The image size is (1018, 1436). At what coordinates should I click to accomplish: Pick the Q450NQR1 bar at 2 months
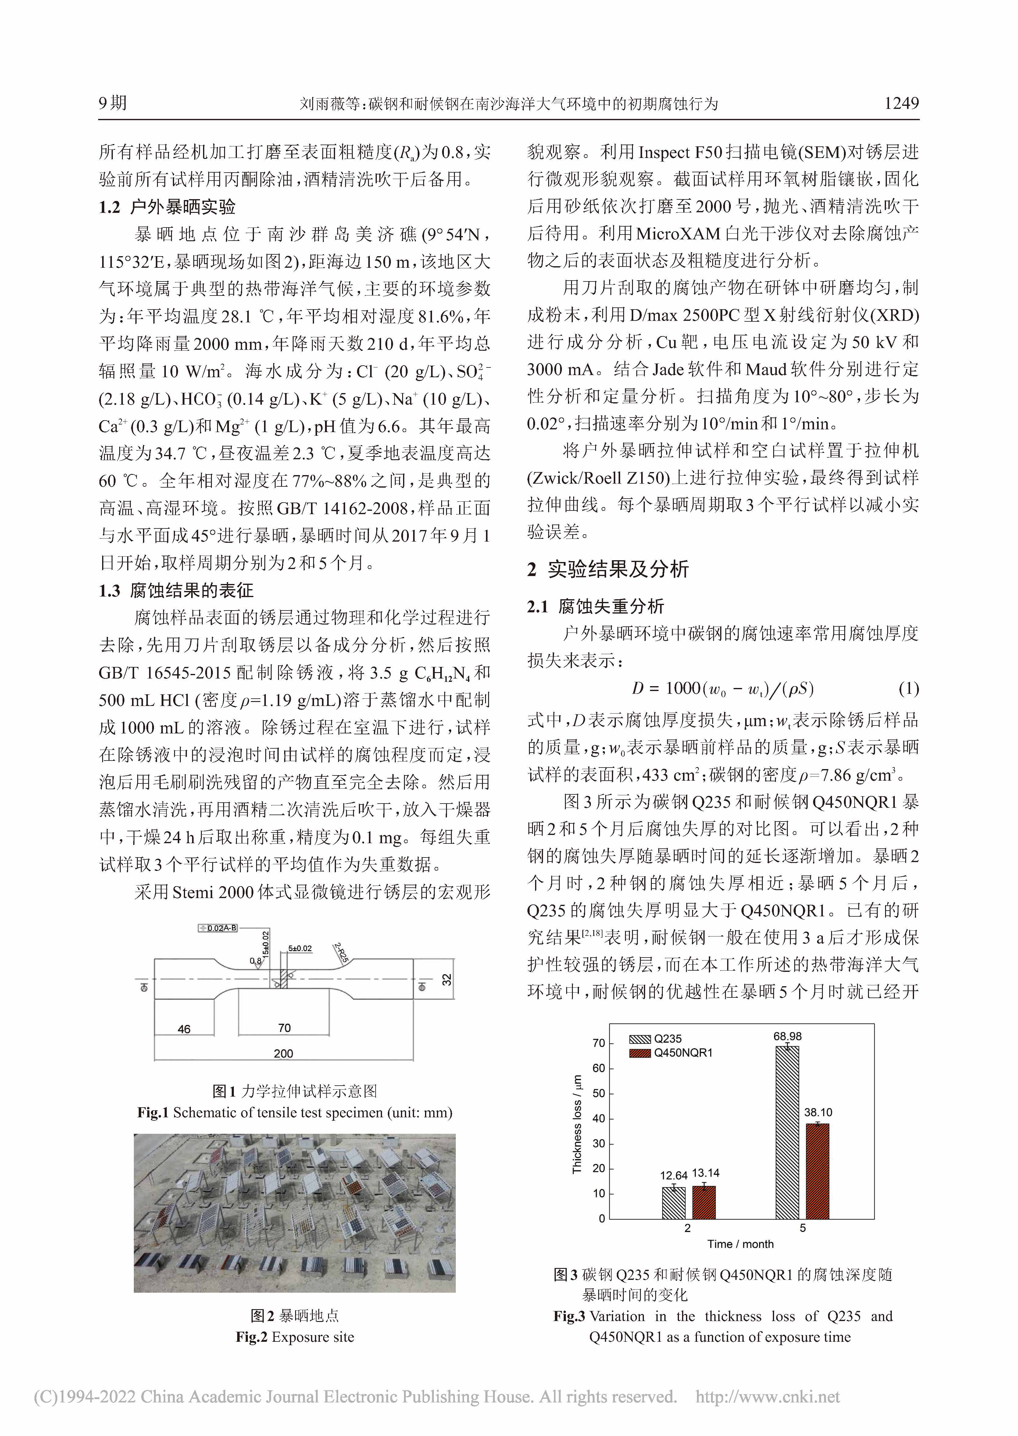[703, 1201]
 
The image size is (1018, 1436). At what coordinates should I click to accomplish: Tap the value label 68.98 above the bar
[787, 1037]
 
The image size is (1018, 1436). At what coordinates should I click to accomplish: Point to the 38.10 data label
[818, 1112]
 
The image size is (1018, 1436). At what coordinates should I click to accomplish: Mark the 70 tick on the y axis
[599, 1044]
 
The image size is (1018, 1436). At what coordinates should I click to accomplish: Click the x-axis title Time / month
[740, 1244]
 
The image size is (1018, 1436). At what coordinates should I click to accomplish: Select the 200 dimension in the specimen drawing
[283, 1053]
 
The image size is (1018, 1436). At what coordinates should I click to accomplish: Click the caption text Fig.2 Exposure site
[295, 1337]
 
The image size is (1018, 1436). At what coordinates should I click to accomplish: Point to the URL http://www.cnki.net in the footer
[767, 1397]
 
